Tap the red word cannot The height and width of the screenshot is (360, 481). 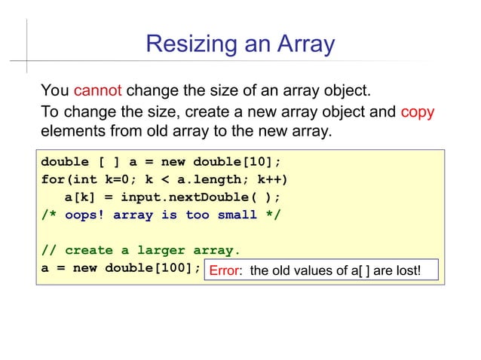[x=98, y=93]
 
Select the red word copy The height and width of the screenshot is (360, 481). [x=417, y=113]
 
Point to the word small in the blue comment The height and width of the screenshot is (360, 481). [x=237, y=215]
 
